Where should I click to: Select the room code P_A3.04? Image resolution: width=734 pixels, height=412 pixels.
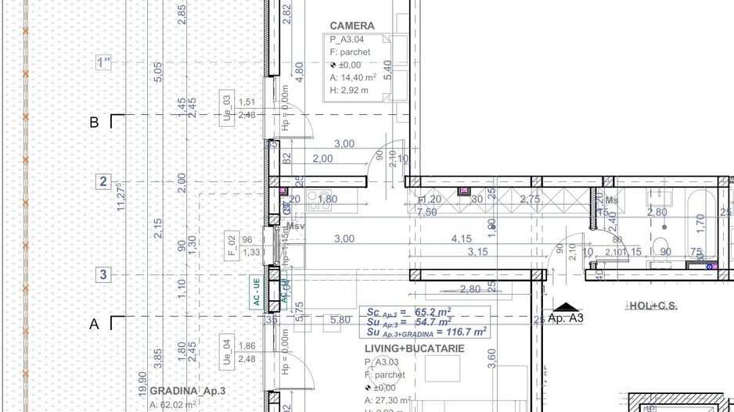[347, 39]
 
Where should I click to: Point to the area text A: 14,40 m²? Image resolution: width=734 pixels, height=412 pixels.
[353, 77]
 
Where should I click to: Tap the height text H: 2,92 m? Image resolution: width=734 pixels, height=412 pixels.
[349, 90]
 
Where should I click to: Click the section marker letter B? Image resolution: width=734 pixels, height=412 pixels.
[95, 123]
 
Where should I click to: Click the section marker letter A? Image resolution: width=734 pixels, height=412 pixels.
[95, 324]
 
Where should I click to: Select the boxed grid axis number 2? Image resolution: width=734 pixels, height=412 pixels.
[103, 182]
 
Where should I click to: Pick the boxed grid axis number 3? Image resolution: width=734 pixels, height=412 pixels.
[103, 274]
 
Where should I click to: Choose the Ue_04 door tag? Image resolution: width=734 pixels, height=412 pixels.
[226, 352]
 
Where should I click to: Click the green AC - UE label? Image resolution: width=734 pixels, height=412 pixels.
[255, 292]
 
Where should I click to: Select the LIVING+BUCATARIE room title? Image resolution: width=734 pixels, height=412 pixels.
[415, 348]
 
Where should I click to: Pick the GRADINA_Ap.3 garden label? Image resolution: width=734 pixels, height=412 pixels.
[188, 390]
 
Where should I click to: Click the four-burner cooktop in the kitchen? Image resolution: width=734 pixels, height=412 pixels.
[321, 201]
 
